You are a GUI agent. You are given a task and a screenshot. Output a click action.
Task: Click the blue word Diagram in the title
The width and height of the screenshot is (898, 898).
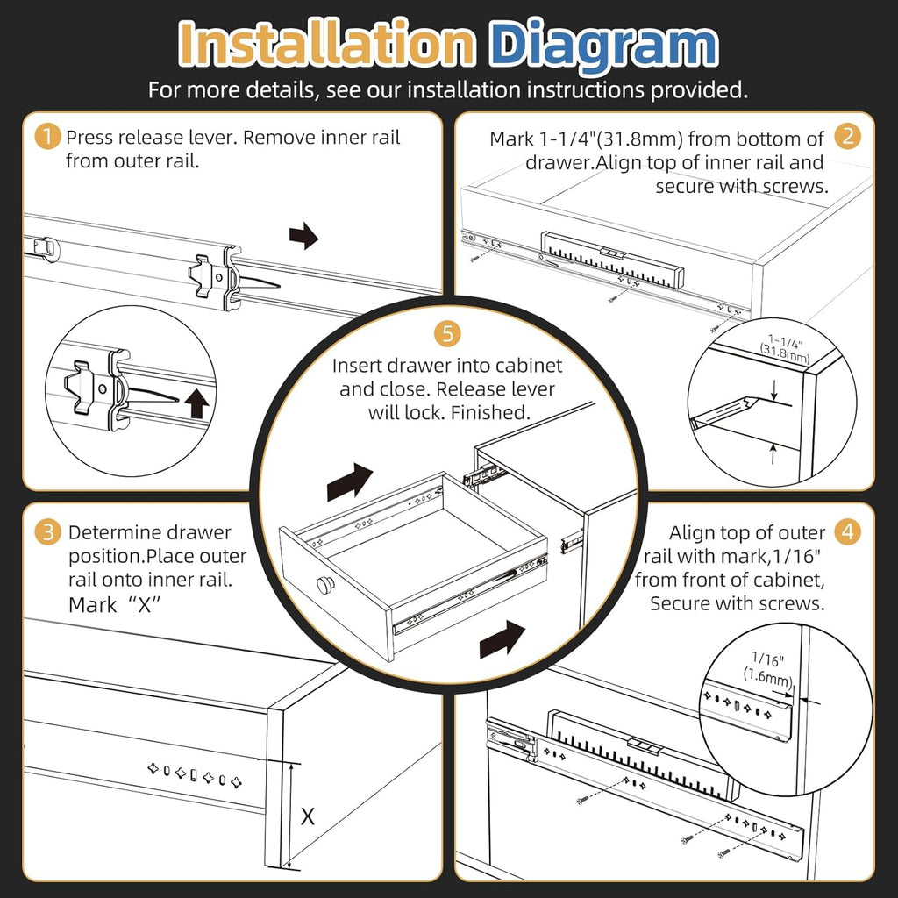pyautogui.click(x=602, y=44)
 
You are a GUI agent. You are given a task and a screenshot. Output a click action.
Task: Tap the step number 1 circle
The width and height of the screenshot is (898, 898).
pyautogui.click(x=47, y=138)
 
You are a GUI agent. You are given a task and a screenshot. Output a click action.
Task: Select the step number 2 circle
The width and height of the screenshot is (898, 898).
pyautogui.click(x=846, y=137)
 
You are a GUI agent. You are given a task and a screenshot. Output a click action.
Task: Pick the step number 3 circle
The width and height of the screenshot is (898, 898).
pyautogui.click(x=47, y=532)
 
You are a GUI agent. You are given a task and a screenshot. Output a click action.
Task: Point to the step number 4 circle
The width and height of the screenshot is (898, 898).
pyautogui.click(x=846, y=532)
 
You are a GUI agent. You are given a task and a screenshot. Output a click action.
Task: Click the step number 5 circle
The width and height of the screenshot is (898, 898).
pyautogui.click(x=448, y=333)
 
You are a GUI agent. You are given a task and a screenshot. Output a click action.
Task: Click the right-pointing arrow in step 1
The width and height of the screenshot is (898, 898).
pyautogui.click(x=303, y=235)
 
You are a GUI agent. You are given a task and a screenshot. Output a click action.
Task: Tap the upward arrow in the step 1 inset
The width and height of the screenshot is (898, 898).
pyautogui.click(x=196, y=403)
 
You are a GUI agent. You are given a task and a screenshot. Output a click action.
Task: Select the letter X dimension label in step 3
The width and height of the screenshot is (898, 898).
pyautogui.click(x=308, y=816)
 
